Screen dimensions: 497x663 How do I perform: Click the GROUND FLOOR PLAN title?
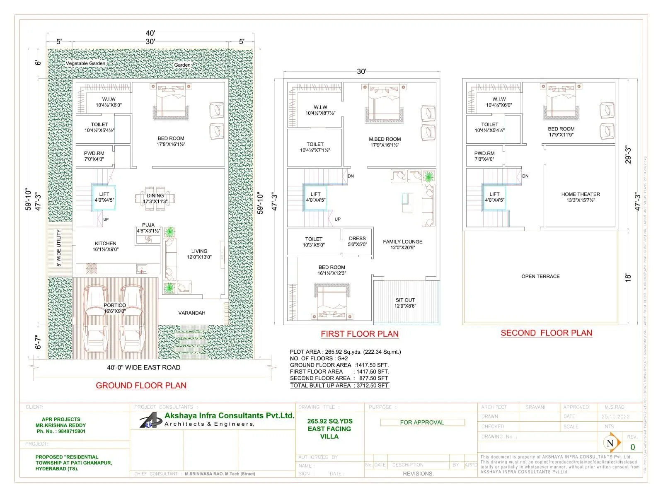click(x=141, y=386)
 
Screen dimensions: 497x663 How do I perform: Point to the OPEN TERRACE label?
click(x=540, y=276)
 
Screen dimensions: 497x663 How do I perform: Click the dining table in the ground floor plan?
click(x=155, y=198)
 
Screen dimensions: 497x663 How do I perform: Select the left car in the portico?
click(x=96, y=319)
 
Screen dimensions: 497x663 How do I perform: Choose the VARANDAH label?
click(x=192, y=313)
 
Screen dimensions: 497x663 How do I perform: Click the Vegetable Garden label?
click(x=85, y=63)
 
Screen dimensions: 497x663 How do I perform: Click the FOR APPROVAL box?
click(x=422, y=422)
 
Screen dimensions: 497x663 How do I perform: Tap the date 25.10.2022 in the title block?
click(x=615, y=417)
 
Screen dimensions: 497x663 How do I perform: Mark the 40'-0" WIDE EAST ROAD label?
click(x=143, y=367)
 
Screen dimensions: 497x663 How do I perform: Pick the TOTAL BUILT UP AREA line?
click(x=339, y=386)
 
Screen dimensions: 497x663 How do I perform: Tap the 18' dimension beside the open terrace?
click(x=628, y=277)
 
